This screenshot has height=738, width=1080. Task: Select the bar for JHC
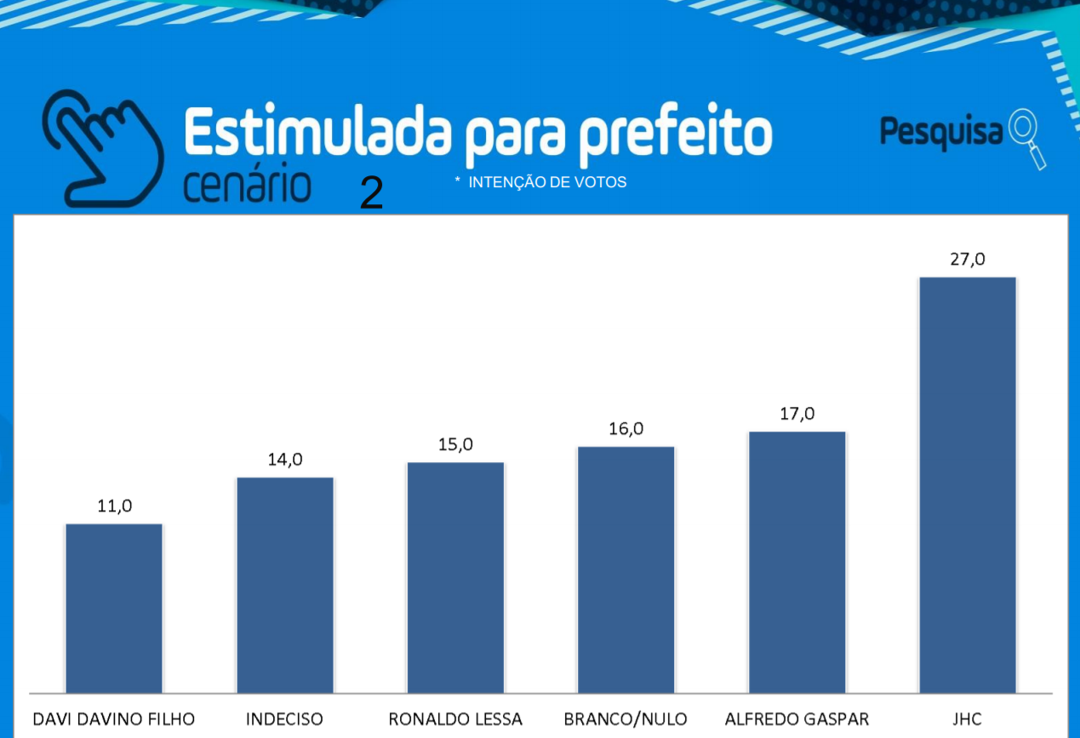pos(967,484)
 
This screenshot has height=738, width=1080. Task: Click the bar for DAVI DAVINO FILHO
pos(114,608)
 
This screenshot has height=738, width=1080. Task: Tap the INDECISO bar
pos(285,585)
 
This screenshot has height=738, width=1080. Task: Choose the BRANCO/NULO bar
pos(626,569)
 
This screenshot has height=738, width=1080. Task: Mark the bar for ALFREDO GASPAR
pos(797,562)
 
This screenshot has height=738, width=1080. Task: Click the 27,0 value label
pos(968,259)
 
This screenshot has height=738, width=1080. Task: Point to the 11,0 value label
pos(115,506)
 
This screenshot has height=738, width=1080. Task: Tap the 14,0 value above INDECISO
pos(285,460)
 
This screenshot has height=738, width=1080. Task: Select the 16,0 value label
pos(626,429)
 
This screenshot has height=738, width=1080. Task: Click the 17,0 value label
pos(797,414)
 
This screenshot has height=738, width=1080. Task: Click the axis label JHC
pos(968,719)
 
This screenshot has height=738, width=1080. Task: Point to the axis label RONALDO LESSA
pos(455,719)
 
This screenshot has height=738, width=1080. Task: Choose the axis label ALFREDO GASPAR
pos(797,719)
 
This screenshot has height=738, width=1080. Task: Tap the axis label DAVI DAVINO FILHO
pos(114,719)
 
